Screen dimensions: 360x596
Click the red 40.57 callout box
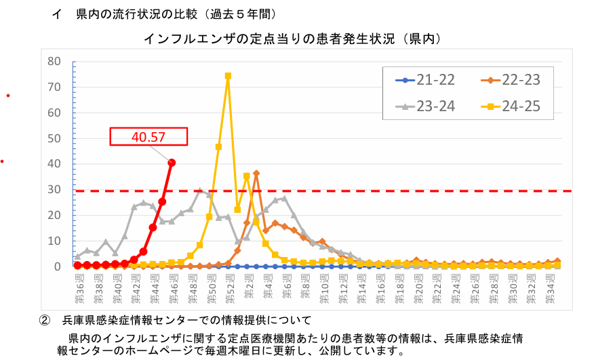pos(148,136)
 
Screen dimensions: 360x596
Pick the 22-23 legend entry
pos(511,81)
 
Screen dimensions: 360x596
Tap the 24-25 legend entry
pos(511,106)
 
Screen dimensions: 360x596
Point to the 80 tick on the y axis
pos(55,62)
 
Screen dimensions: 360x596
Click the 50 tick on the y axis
pos(55,138)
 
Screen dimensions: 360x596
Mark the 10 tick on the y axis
pos(55,241)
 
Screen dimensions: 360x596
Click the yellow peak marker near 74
pos(228,76)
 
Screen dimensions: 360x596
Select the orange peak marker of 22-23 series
pos(256,174)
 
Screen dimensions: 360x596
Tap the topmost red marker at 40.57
pos(172,163)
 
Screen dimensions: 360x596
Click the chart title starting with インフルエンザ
pos(292,39)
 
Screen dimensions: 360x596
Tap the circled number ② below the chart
pos(45,320)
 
